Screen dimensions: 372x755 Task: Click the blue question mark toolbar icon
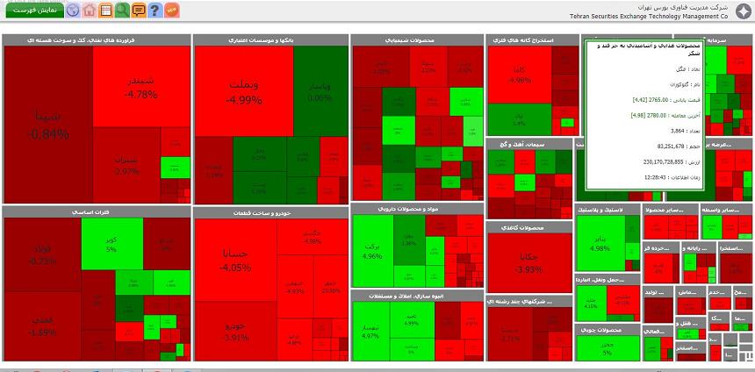(x=155, y=11)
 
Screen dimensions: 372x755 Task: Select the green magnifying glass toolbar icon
(x=122, y=11)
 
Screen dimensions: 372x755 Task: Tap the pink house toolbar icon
(x=89, y=11)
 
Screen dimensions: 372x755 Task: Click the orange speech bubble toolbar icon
(x=138, y=11)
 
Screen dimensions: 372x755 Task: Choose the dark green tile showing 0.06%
(x=320, y=91)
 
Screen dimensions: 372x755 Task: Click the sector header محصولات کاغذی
(x=529, y=227)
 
